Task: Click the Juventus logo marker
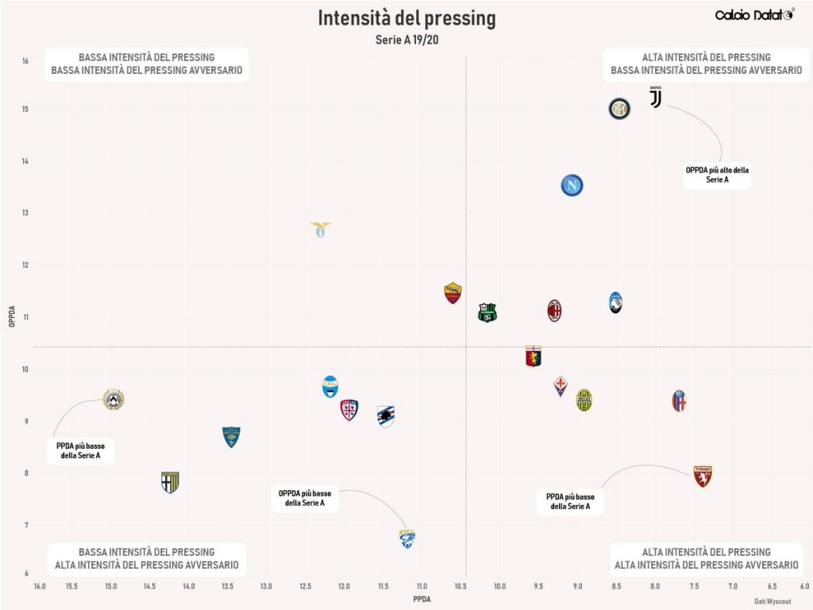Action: pos(655,98)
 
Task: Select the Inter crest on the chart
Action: pos(619,109)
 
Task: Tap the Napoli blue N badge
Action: pos(572,186)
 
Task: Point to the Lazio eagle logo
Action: pos(320,230)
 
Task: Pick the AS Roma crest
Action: pos(453,293)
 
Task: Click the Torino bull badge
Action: pos(703,476)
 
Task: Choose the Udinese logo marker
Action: pos(114,400)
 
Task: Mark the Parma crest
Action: pos(170,482)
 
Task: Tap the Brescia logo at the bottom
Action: pos(407,539)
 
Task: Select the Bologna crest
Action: pos(679,400)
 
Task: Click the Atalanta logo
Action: pos(616,303)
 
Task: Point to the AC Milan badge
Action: pos(554,311)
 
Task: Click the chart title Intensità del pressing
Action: pos(406,18)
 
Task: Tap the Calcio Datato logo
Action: pos(753,15)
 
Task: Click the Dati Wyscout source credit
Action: pos(773,601)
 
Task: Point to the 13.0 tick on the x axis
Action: pos(266,586)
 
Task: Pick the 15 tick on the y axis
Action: pos(25,109)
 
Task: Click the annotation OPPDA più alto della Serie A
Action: pos(717,175)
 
